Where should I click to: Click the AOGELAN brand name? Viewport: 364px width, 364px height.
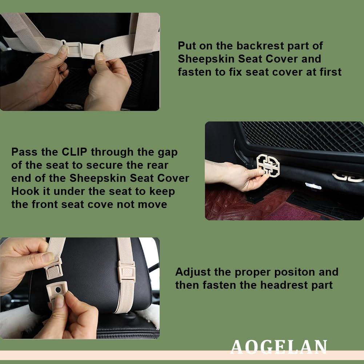point(279,347)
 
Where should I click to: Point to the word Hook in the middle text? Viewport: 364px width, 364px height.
point(24,191)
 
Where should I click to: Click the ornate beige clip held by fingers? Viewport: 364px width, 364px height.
point(268,166)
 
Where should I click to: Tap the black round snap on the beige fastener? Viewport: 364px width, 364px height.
point(58,289)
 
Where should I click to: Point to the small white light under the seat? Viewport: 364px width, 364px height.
point(312,186)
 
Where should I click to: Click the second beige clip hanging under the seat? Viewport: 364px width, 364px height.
point(347,177)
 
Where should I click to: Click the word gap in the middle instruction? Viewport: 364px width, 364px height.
point(167,152)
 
